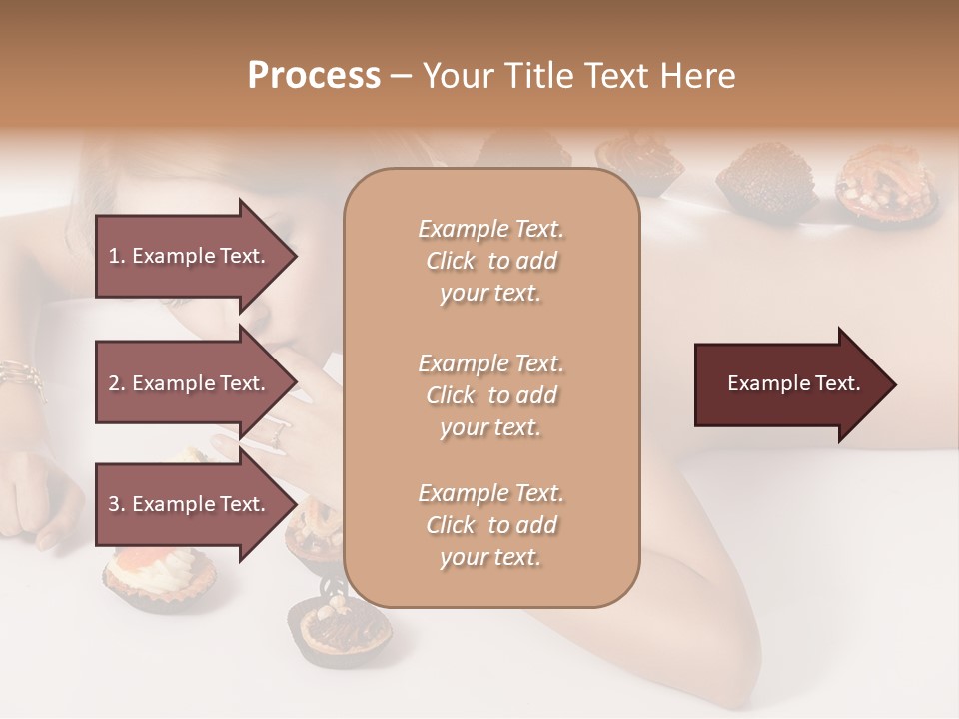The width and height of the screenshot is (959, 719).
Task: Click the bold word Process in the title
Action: click(x=314, y=76)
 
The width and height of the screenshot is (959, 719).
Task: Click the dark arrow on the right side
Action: click(x=793, y=384)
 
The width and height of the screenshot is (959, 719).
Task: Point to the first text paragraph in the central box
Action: click(x=490, y=261)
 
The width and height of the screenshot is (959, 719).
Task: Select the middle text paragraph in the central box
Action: click(x=490, y=395)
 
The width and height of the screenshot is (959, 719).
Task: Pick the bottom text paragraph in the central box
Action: click(x=490, y=525)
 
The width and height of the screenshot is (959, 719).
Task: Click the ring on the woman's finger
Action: click(x=277, y=430)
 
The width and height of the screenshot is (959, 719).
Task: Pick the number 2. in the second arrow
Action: click(x=117, y=383)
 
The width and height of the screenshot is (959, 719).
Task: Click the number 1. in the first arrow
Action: click(x=117, y=256)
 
